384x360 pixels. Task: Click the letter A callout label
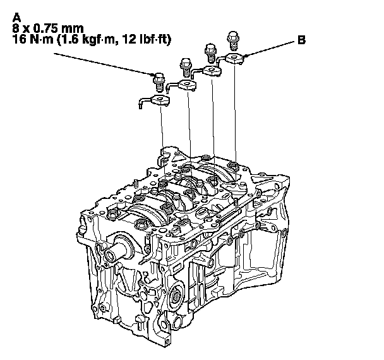[16, 18]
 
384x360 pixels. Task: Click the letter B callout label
[301, 40]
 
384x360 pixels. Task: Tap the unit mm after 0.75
[73, 29]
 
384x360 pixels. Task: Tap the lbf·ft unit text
[153, 39]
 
